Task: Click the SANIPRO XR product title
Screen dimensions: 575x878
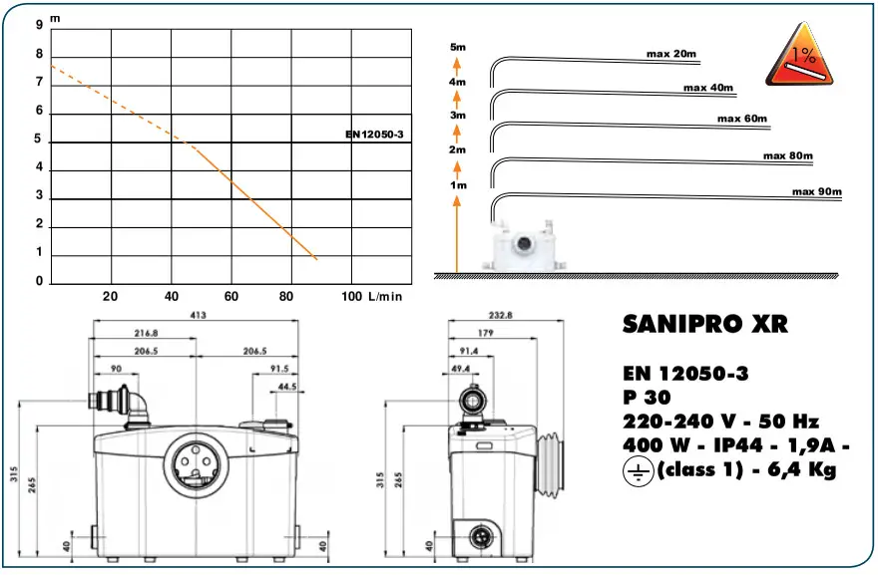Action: pos(705,325)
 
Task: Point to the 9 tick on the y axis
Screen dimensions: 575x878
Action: pos(39,25)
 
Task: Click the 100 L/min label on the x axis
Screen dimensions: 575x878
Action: pos(372,296)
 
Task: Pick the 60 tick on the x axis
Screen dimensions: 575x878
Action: pos(231,296)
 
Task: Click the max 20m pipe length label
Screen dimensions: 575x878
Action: pos(670,54)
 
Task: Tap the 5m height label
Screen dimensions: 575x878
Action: pos(458,47)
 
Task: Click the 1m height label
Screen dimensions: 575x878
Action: pos(458,185)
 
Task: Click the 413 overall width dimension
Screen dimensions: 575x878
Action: pos(198,315)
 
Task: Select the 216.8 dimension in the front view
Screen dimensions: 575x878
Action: pos(146,334)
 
